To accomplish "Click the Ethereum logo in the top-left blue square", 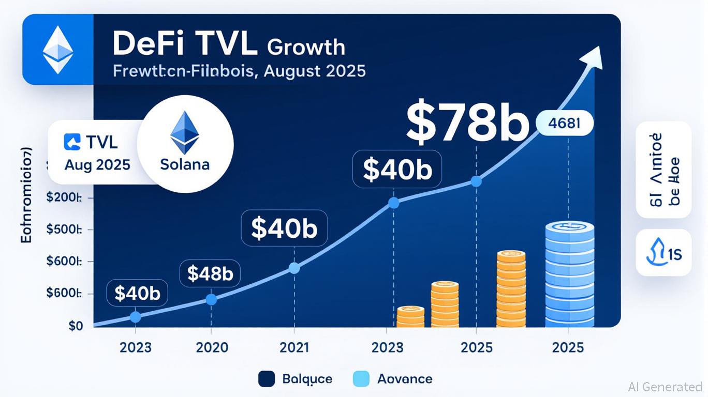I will (x=57, y=50).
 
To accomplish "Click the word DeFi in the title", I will (x=142, y=44).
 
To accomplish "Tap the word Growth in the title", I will (x=306, y=47).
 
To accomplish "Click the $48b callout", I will (x=210, y=273).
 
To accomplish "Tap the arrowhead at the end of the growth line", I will (x=594, y=56).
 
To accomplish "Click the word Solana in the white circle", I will (x=185, y=164).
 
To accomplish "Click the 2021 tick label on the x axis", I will (x=294, y=347).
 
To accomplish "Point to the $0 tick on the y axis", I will (x=76, y=326).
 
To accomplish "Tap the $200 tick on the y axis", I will (x=64, y=198).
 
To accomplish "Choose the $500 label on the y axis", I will (x=64, y=230).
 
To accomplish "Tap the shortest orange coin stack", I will (x=410, y=316).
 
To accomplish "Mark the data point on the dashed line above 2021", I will (x=294, y=268).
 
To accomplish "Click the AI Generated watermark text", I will (x=665, y=386).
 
